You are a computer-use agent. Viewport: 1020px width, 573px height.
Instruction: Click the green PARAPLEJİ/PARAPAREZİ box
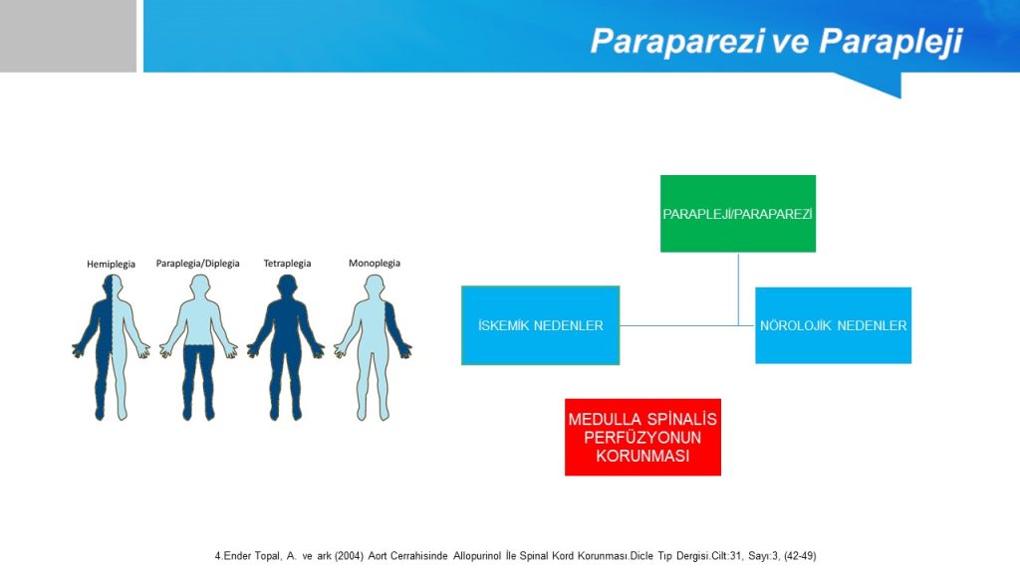click(738, 214)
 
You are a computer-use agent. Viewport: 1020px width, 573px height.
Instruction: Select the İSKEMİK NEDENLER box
click(540, 325)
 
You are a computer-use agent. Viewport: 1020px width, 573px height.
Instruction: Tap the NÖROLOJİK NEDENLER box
click(833, 325)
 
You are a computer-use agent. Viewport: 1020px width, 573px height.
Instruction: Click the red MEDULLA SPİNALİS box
click(642, 438)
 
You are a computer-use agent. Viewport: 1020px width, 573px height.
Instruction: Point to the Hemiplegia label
click(112, 264)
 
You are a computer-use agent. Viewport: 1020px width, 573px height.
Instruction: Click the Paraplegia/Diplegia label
click(198, 263)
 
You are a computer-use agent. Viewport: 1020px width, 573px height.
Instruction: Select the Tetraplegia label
click(287, 263)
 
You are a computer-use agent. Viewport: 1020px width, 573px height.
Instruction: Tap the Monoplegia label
click(375, 263)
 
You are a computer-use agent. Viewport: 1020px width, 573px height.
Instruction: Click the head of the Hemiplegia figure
click(113, 286)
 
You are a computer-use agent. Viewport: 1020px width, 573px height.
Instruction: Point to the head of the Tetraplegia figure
click(287, 286)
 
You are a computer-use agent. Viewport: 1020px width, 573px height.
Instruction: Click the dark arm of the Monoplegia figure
click(396, 328)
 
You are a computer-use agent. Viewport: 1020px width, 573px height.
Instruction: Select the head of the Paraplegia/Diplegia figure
click(199, 286)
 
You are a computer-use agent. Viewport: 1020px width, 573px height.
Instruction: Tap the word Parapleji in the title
click(891, 42)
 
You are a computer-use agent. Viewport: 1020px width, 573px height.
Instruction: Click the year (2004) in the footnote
click(350, 556)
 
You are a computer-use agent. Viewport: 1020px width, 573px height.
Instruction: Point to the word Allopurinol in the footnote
click(477, 556)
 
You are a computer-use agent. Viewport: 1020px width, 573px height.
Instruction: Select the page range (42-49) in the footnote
click(800, 556)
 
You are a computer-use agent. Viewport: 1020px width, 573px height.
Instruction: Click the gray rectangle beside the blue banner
click(68, 36)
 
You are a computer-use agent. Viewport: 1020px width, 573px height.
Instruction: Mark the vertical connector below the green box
click(738, 289)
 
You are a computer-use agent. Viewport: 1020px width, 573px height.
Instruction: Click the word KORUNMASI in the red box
click(642, 456)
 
